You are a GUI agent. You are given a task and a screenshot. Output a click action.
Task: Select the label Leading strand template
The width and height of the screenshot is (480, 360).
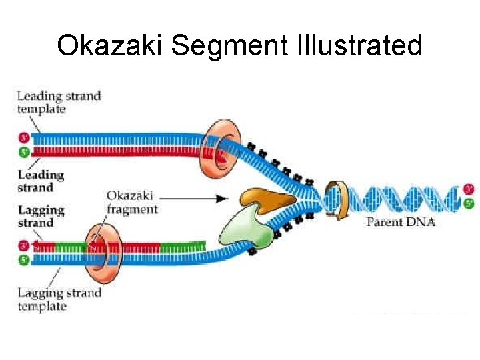pos(58,103)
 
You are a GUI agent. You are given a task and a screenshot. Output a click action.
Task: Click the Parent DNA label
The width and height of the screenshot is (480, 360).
pos(401,221)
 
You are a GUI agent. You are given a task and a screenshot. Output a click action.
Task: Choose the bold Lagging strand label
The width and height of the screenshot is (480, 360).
pos(41,216)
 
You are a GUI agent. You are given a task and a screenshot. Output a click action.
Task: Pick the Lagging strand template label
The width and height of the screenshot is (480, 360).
pos(59,299)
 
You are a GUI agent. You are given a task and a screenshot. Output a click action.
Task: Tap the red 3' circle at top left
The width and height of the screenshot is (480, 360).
pos(24,139)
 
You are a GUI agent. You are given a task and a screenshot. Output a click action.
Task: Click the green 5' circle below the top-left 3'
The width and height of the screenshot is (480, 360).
pos(24,152)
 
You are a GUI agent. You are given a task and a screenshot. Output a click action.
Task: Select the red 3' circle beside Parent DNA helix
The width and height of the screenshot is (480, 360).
pos(469,189)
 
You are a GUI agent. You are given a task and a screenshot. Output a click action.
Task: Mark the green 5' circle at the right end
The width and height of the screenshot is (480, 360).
pos(469,203)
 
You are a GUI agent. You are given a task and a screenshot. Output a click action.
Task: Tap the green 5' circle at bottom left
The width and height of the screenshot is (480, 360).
pos(24,260)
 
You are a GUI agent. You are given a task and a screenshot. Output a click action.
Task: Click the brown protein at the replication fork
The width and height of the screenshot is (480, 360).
pos(267,199)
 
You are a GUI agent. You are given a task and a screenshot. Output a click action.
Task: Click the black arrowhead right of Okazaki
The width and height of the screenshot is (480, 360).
pos(223,198)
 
